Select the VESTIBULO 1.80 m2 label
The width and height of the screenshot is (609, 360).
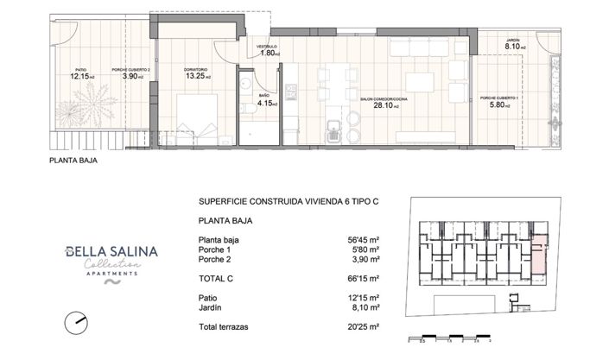[267, 50]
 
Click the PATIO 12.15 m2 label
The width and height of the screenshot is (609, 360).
[82, 73]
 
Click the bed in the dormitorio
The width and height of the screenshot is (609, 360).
[198, 119]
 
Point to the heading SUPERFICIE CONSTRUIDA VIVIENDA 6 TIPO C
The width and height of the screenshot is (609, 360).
[289, 201]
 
